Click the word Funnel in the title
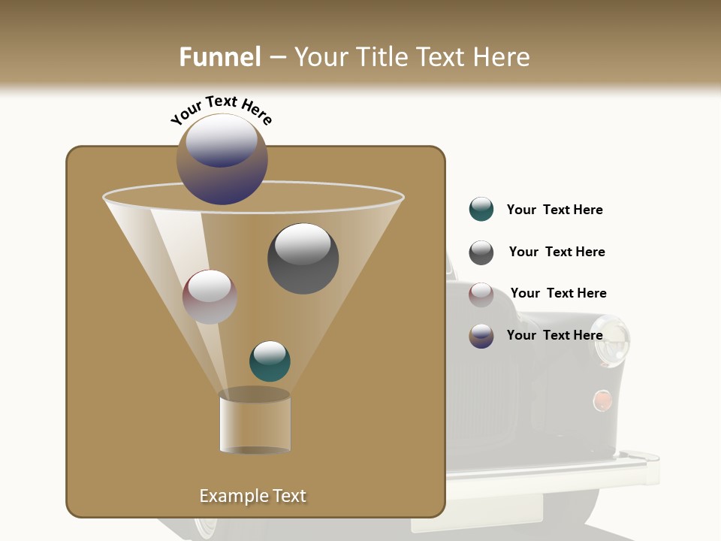point(219,57)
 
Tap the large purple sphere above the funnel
point(222,159)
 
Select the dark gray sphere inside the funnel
point(303,258)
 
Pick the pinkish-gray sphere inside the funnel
point(210,297)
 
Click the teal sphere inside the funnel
point(270,361)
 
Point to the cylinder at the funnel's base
point(255,422)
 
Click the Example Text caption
point(252,496)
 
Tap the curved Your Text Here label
point(222,110)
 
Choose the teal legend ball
point(481,210)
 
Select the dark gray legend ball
point(481,252)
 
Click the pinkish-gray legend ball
point(481,294)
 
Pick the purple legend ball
point(481,336)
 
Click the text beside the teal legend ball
point(554,210)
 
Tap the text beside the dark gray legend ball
point(557,252)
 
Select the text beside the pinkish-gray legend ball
point(558,293)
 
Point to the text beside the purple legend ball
point(554,335)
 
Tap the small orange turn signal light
point(602,400)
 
